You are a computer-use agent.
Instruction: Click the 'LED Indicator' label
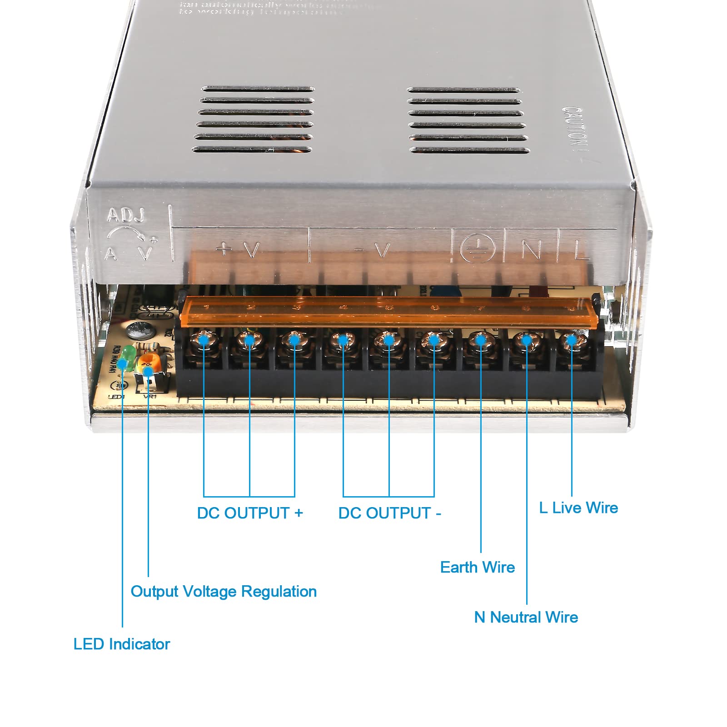(121, 644)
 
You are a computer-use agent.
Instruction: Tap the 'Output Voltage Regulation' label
(223, 591)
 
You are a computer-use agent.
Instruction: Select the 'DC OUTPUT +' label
(249, 513)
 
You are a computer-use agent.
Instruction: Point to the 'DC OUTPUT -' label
(389, 513)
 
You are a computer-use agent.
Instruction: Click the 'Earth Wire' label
(477, 567)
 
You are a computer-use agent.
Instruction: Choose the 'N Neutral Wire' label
(526, 617)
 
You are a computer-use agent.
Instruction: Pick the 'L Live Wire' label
(578, 508)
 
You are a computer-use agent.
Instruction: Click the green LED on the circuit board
(129, 355)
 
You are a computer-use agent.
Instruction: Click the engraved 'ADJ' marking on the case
(125, 215)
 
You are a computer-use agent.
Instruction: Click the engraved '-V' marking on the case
(373, 249)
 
